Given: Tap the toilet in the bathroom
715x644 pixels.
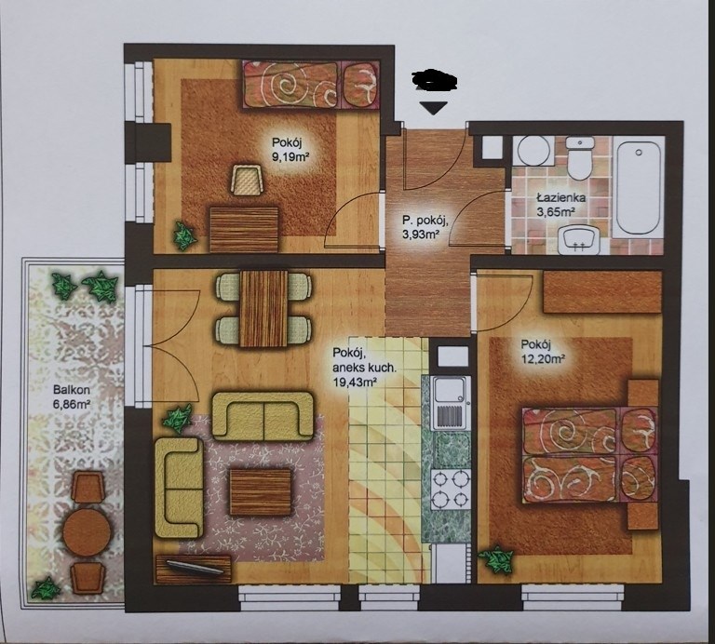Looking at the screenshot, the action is click(579, 158).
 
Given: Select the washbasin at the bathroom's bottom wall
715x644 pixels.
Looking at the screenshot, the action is click(579, 239).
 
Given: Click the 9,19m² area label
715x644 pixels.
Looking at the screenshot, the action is click(287, 158).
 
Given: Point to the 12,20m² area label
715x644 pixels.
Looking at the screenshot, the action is click(543, 358).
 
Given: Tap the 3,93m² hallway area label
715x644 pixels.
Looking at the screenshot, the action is click(420, 235).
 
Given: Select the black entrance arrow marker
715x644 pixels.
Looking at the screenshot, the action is click(434, 108).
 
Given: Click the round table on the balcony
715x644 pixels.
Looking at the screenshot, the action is click(88, 531).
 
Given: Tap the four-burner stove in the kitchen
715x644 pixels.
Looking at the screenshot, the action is click(451, 491).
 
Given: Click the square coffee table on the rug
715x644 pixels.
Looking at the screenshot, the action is click(261, 492).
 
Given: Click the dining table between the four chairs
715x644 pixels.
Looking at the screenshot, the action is click(264, 308).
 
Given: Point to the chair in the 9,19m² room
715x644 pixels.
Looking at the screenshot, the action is click(248, 181).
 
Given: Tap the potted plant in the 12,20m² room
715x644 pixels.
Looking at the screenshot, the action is click(496, 559).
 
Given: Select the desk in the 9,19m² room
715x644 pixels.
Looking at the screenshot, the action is click(244, 229).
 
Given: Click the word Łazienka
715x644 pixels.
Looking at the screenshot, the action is click(560, 198).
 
